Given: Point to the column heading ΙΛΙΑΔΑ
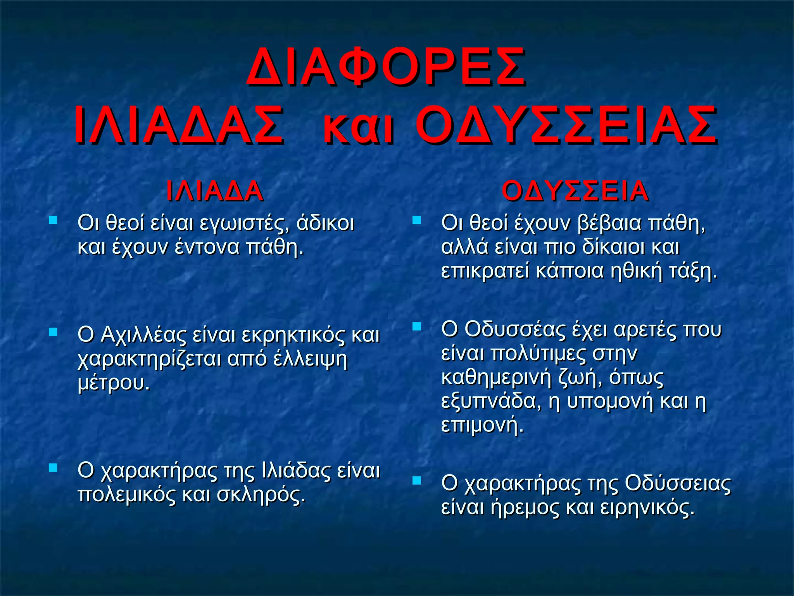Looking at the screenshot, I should (214, 191).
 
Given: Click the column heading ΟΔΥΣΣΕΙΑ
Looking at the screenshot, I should (575, 191).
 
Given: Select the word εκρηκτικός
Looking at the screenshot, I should (293, 335).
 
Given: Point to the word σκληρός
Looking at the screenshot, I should (261, 495).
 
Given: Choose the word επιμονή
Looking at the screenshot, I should (482, 426).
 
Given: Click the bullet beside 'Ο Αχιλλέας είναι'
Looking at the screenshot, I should (53, 332).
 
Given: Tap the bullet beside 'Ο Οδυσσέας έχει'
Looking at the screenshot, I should (416, 326).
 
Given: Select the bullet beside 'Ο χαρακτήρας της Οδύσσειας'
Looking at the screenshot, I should (416, 481).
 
